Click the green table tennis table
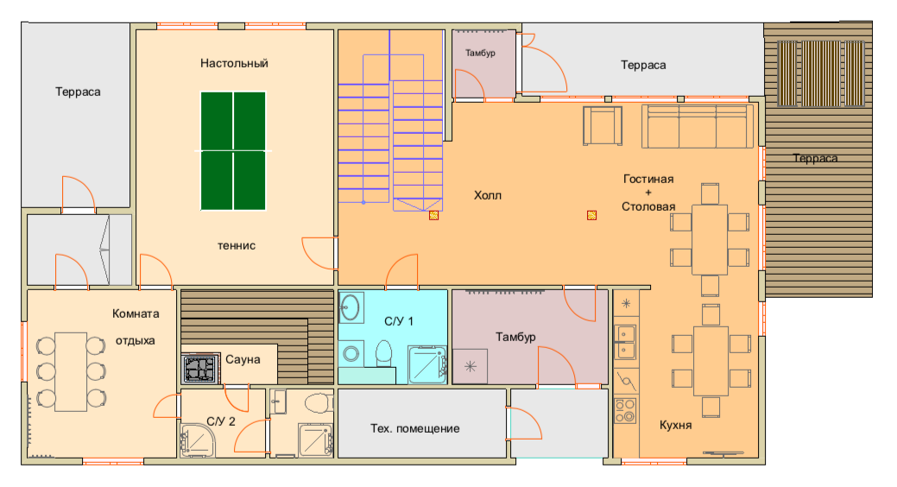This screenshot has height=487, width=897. [233, 151]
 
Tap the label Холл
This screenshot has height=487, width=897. [488, 196]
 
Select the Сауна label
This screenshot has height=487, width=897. [243, 359]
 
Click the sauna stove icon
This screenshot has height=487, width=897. [200, 369]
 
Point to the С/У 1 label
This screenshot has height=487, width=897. [399, 321]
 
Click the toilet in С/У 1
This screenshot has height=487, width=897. [384, 354]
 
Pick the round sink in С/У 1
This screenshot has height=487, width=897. [350, 308]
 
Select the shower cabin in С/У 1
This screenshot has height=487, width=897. [427, 364]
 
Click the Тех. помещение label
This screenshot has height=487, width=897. [414, 428]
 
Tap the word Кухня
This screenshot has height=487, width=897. [676, 425]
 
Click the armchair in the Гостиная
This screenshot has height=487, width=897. [603, 126]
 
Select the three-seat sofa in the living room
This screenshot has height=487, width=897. [698, 126]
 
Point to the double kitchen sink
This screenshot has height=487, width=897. [625, 342]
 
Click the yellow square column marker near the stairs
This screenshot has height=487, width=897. [433, 215]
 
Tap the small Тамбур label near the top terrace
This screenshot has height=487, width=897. [480, 54]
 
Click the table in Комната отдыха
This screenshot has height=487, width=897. [71, 372]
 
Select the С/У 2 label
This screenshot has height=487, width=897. [221, 421]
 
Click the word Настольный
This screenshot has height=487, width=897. [234, 63]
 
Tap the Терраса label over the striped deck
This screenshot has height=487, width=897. [815, 159]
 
